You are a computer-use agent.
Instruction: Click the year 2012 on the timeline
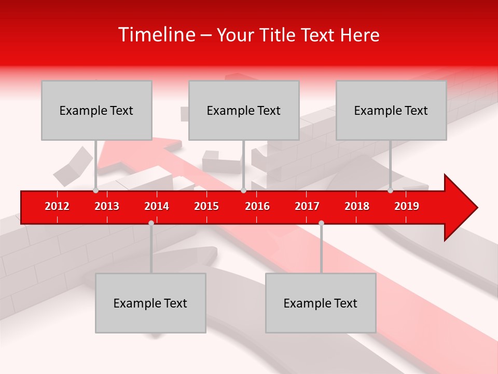[x=57, y=206]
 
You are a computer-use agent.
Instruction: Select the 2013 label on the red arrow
[x=107, y=206]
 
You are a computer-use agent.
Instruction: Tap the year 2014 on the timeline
[x=157, y=206]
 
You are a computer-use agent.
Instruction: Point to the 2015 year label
[x=206, y=206]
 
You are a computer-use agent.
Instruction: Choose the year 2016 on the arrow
[x=257, y=206]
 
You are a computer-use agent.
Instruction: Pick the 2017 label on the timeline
[x=307, y=206]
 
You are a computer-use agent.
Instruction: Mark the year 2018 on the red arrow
[x=357, y=206]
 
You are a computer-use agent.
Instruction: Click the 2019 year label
[x=407, y=206]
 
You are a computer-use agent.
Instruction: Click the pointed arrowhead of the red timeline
[x=462, y=208]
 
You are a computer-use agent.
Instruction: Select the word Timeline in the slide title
[x=156, y=35]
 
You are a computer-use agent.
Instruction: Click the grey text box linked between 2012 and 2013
[x=96, y=110]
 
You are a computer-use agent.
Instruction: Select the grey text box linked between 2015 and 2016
[x=244, y=110]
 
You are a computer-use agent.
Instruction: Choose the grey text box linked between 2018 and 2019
[x=391, y=110]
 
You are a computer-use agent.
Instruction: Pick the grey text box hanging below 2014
[x=150, y=303]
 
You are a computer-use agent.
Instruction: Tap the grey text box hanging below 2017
[x=321, y=303]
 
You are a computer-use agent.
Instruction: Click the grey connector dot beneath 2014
[x=151, y=223]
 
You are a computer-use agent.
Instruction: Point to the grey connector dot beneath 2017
[x=321, y=223]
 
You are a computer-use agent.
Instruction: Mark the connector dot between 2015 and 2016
[x=244, y=191]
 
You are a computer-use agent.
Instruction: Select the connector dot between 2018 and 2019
[x=391, y=191]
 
